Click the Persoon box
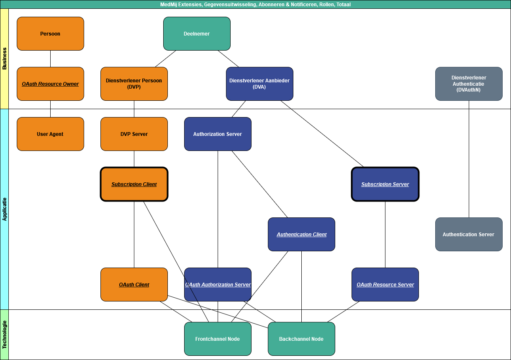coord(50,34)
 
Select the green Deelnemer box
coord(197,34)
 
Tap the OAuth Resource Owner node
coord(50,84)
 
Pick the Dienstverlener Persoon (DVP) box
coord(134,84)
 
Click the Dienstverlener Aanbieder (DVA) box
coord(259,84)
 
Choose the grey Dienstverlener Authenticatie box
coord(469,84)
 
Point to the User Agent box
coord(50,134)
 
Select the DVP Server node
coord(134,134)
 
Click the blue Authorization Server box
coord(218,134)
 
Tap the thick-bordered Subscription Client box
coord(134,184)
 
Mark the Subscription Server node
coord(385,184)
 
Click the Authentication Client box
coord(301,235)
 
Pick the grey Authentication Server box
coord(469,235)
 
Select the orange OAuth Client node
coord(134,285)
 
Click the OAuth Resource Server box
coord(385,285)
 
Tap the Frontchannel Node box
coord(218,339)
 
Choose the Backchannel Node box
coord(301,339)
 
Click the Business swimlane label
coord(4,59)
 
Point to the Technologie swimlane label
coord(4,334)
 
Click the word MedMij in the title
coord(168,5)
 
